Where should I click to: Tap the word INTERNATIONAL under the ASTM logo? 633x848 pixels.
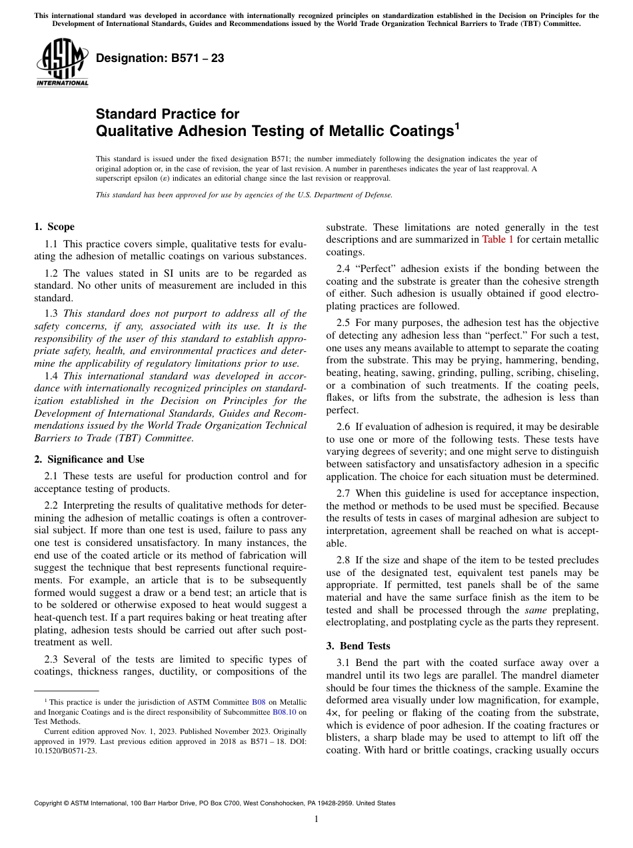(x=62, y=83)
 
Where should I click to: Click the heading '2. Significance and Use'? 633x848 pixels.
(x=89, y=459)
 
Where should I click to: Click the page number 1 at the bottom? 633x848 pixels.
(x=316, y=819)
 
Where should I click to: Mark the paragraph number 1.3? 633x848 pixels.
(x=52, y=313)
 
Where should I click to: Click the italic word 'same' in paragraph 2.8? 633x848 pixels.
(x=533, y=610)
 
